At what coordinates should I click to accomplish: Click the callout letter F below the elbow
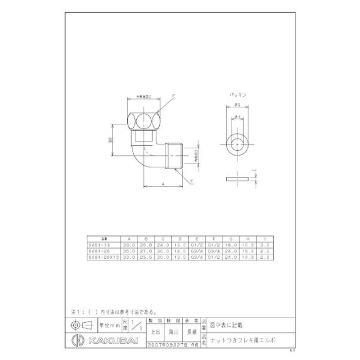pyautogui.click(x=191, y=181)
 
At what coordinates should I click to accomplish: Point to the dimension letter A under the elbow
pyautogui.click(x=162, y=184)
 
